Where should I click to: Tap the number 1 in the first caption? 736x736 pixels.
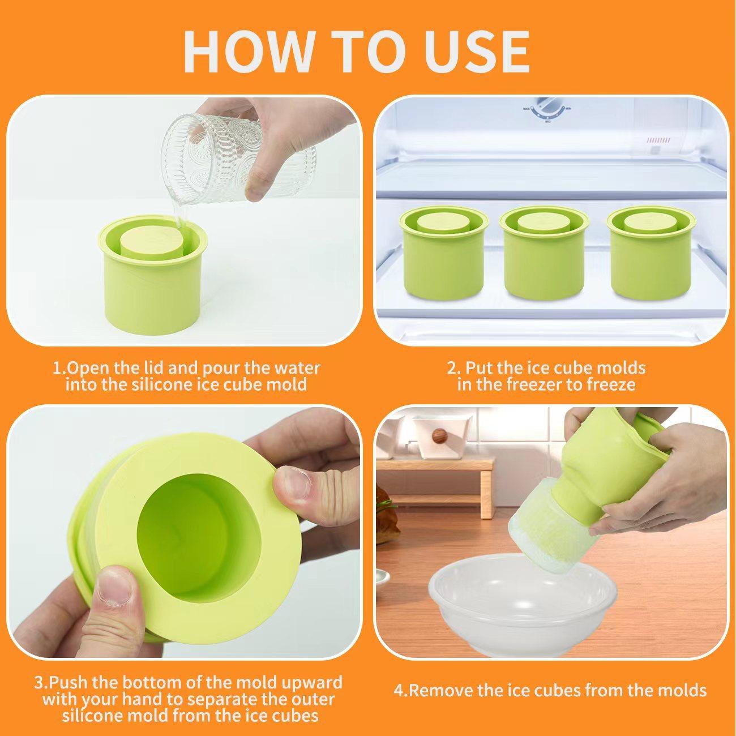pyautogui.click(x=57, y=369)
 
